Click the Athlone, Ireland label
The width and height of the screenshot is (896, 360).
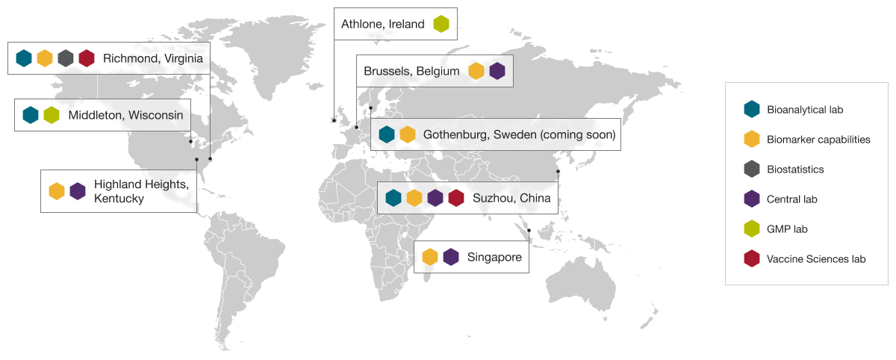tap(382, 24)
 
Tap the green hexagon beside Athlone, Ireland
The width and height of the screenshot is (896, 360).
tap(441, 24)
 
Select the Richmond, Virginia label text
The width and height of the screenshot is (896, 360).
tap(153, 58)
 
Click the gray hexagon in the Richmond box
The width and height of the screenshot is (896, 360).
tap(66, 58)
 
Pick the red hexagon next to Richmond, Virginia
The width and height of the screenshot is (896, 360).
tap(87, 58)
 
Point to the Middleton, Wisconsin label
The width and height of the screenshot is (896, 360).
tap(125, 115)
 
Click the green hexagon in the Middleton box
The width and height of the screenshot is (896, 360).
tap(52, 115)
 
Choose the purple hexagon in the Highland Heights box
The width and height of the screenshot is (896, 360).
tap(78, 191)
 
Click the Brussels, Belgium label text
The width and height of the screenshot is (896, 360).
tap(411, 72)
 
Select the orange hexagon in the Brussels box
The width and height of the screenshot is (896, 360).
tap(476, 72)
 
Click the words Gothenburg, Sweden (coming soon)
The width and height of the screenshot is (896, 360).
tap(519, 135)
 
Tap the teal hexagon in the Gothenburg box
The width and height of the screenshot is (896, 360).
tap(387, 135)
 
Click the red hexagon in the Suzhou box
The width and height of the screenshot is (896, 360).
tap(456, 198)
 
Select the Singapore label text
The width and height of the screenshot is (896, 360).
tap(494, 257)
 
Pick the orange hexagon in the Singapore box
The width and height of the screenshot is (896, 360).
tap(430, 257)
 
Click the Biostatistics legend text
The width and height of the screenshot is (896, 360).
tap(795, 170)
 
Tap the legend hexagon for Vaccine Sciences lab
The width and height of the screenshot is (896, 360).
tap(751, 259)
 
